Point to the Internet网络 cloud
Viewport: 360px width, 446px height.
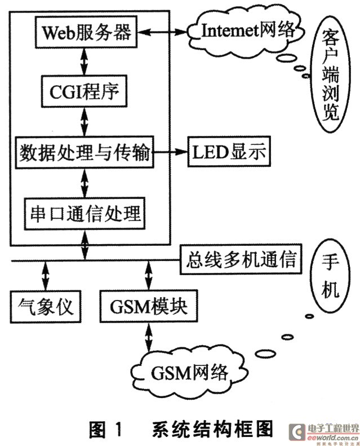pyautogui.click(x=248, y=30)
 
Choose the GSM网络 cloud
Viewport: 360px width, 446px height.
pyautogui.click(x=189, y=372)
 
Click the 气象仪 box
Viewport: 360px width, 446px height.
pyautogui.click(x=45, y=307)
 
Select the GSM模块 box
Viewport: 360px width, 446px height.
pyautogui.click(x=149, y=307)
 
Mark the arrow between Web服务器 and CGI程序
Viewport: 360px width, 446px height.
pyautogui.click(x=85, y=60)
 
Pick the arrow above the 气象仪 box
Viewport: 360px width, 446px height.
pyautogui.click(x=45, y=276)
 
